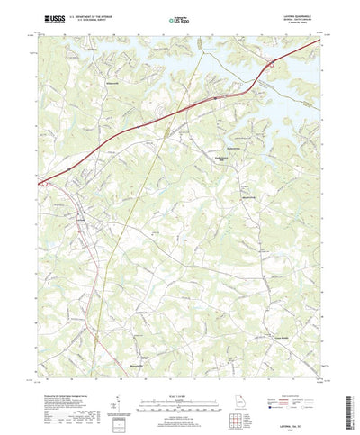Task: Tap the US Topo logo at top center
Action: pyautogui.click(x=180, y=18)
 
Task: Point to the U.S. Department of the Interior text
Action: pyautogui.click(x=97, y=15)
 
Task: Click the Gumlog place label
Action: pyautogui.click(x=93, y=50)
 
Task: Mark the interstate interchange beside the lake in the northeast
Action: pyautogui.click(x=270, y=64)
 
